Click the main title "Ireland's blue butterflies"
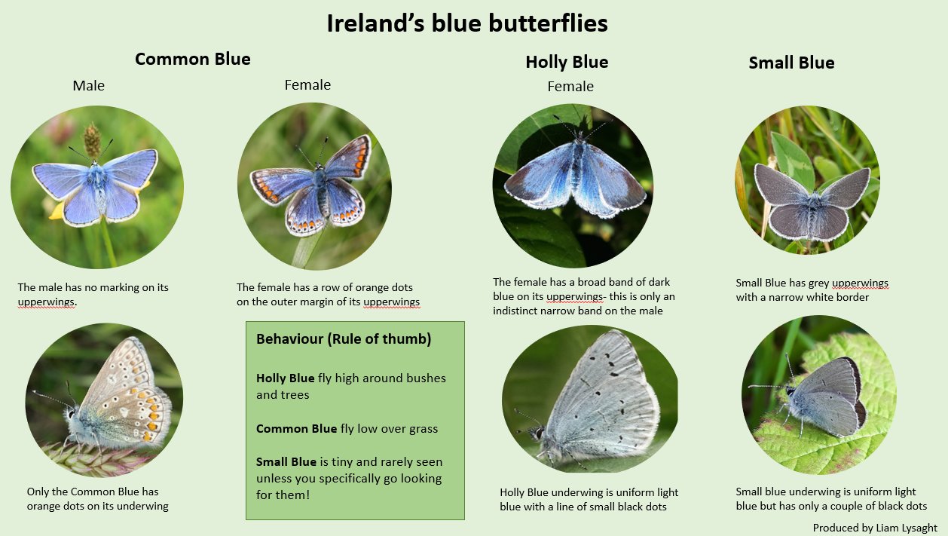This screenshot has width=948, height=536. (x=467, y=23)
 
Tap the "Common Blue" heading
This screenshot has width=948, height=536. (x=193, y=59)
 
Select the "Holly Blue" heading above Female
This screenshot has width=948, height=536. (x=567, y=62)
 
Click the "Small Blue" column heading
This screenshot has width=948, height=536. (x=791, y=63)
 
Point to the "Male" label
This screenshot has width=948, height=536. (x=89, y=86)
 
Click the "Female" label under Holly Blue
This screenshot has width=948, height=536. (x=570, y=87)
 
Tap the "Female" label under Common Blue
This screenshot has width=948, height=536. (x=307, y=85)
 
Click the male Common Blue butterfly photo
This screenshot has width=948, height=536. (x=96, y=187)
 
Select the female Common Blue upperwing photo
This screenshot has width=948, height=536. (x=314, y=186)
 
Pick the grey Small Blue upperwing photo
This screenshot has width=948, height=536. (x=807, y=185)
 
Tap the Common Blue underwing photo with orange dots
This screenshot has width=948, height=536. (x=104, y=400)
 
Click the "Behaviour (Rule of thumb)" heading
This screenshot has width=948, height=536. (x=344, y=339)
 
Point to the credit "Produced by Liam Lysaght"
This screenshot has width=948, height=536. (x=874, y=528)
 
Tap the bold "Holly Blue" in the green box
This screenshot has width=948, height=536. (x=285, y=378)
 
